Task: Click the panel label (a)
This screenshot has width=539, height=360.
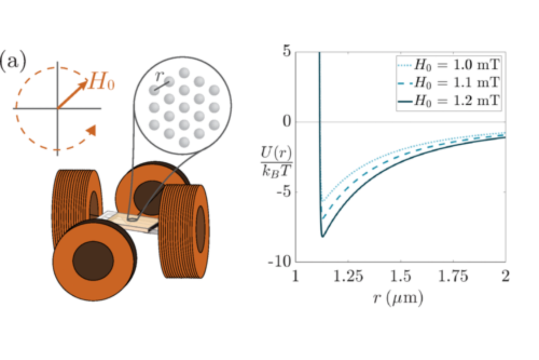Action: click(13, 61)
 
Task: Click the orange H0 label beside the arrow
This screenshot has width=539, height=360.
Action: click(102, 81)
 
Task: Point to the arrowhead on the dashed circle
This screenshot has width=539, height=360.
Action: click(92, 130)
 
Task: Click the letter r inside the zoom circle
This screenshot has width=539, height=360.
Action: click(159, 76)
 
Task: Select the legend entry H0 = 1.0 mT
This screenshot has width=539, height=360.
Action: click(449, 65)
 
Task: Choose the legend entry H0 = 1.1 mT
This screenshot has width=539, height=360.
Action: click(449, 82)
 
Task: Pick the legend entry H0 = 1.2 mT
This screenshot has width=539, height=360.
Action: click(449, 101)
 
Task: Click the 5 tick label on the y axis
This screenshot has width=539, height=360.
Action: click(287, 51)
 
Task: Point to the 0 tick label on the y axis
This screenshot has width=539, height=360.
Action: click(287, 121)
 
